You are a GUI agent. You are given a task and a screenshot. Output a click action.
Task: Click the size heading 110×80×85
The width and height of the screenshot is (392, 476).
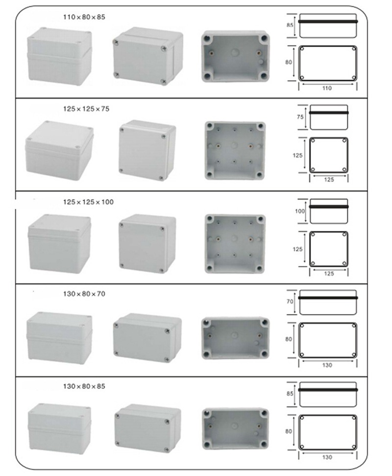pos(84,17)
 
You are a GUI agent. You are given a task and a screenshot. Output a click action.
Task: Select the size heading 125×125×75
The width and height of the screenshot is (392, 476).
pos(86,109)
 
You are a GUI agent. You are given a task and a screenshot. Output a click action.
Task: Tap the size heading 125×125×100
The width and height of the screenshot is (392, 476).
pos(88,202)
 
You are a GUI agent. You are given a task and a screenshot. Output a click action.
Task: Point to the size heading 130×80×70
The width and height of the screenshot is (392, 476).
pos(84,294)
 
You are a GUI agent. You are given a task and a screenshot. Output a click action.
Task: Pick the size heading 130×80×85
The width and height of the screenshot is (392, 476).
pos(84,386)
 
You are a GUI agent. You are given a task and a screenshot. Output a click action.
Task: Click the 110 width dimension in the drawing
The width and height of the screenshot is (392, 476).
pos(327,88)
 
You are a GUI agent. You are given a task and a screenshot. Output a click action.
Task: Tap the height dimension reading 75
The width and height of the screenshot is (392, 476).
pos(300,117)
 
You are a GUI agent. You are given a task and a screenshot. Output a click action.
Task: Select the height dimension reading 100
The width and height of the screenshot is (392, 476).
pos(299,211)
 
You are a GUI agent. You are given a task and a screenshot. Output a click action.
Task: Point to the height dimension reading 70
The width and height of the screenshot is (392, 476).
pos(290,301)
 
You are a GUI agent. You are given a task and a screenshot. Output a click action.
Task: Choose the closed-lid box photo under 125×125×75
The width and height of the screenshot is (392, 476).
pos(147,150)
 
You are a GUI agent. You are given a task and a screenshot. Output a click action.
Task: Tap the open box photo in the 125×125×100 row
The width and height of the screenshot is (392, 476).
pos(235,244)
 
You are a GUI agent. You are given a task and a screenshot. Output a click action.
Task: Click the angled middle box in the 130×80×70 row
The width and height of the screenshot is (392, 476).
pos(147,338)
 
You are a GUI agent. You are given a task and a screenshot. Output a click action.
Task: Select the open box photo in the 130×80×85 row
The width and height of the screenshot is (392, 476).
pos(236,429)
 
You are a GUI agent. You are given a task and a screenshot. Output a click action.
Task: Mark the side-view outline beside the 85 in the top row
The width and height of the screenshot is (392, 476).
pos(328,26)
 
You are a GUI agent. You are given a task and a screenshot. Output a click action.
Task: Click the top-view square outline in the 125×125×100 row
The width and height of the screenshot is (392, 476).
pos(329,249)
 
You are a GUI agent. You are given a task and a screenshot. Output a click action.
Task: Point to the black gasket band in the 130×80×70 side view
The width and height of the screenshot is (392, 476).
pos(328,298)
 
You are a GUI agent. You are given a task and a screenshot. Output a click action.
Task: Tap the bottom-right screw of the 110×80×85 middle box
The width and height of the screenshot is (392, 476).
pos(164,81)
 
